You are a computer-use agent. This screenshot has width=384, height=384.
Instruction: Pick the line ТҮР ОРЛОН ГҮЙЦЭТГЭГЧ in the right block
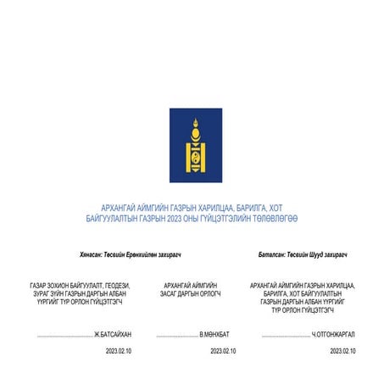click(303, 309)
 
